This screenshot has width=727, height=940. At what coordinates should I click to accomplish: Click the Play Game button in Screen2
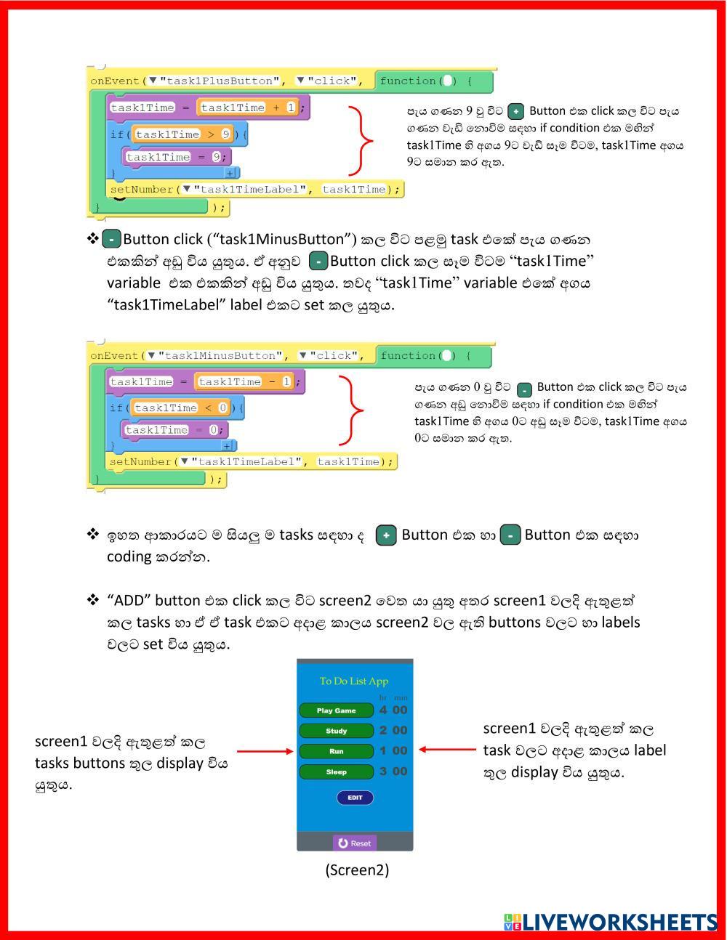tap(336, 710)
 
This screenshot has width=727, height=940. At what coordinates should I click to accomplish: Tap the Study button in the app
tap(336, 731)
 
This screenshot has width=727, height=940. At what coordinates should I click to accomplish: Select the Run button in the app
tap(336, 751)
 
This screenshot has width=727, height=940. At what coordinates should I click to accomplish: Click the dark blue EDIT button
tap(355, 798)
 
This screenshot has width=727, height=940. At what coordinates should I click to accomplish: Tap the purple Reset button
tap(355, 843)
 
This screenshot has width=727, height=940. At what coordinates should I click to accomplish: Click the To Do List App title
tap(354, 681)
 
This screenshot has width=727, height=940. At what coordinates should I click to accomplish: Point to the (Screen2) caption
tap(357, 870)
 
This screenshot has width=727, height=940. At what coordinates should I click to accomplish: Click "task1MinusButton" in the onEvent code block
tap(221, 355)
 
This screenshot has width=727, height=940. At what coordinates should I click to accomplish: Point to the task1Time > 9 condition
tap(182, 134)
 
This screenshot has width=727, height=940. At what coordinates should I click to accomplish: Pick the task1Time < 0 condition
tap(180, 408)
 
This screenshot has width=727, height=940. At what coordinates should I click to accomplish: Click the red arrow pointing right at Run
tap(265, 751)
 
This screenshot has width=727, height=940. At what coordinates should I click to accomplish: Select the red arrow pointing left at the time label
tap(446, 750)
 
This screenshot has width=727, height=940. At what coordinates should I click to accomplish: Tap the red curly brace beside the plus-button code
tap(361, 141)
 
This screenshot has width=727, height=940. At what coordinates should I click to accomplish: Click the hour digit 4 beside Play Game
tap(383, 710)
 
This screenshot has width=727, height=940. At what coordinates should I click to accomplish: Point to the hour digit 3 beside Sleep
tap(383, 771)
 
